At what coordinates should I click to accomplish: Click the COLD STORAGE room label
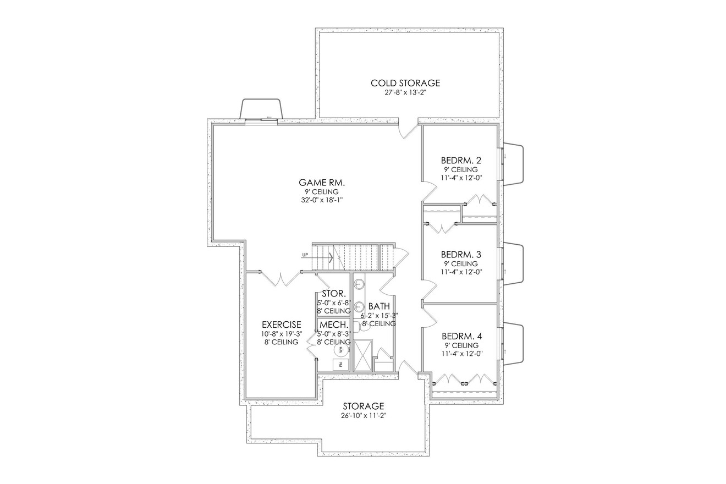405,83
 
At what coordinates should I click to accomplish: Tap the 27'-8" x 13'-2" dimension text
405,93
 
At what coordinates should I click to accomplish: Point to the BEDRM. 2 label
461,161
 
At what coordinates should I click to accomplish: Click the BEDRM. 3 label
461,255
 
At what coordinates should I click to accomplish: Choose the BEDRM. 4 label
461,336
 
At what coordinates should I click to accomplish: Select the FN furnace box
341,364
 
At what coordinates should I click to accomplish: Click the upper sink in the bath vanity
359,284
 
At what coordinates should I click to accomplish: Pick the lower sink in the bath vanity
359,306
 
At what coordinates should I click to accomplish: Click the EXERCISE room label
281,324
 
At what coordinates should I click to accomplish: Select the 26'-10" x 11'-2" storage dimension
363,416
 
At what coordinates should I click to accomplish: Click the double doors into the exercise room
281,279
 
